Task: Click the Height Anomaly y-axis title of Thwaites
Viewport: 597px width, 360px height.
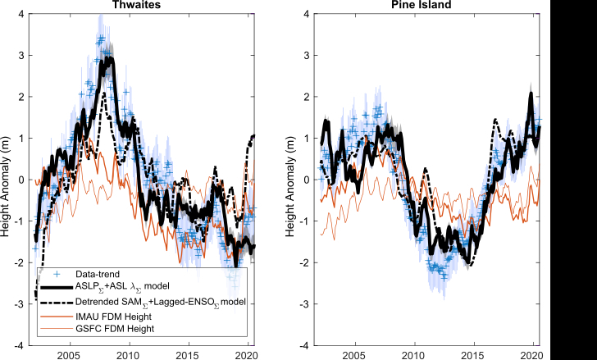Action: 7,180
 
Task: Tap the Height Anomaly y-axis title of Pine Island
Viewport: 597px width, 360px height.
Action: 292,180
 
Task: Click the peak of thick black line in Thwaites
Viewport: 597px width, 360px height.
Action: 109,59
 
